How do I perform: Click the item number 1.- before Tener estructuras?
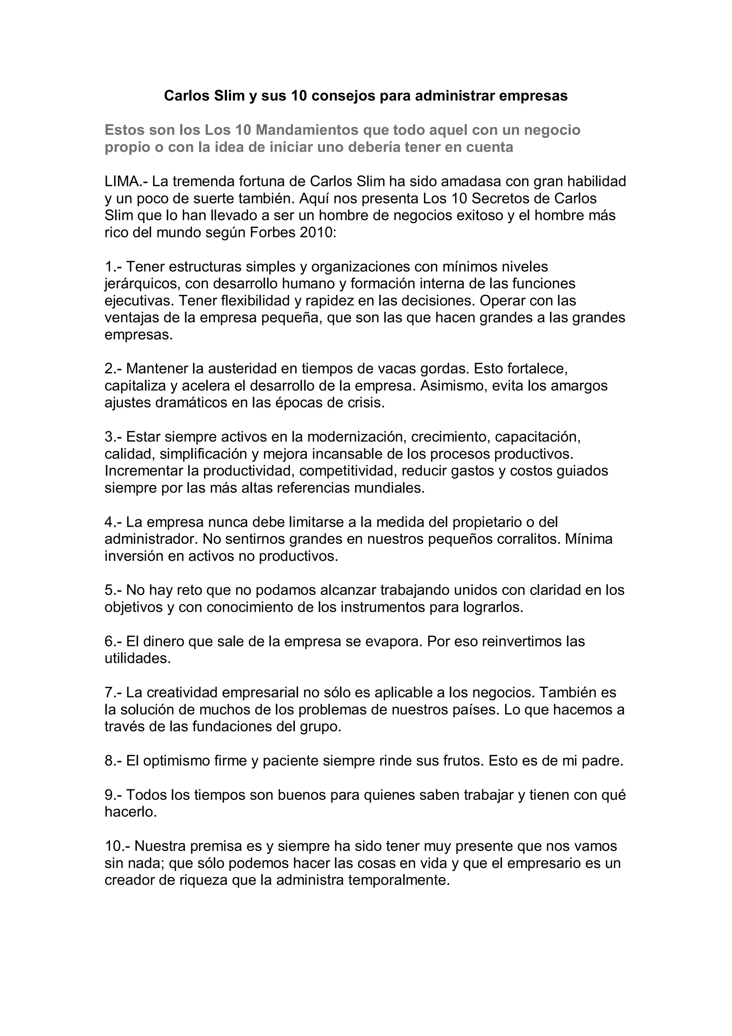113,267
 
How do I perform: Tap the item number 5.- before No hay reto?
113,590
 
